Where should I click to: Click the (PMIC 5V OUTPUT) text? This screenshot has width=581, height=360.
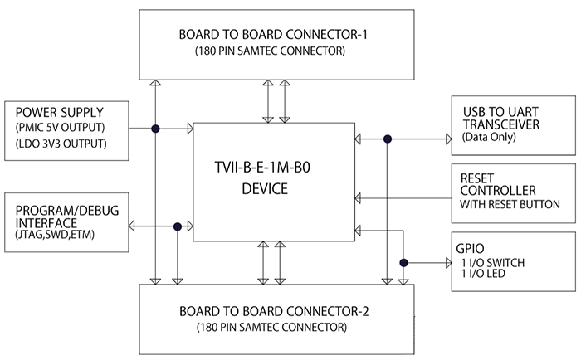coord(61,128)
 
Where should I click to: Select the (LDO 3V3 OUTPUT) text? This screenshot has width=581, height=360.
coord(61,144)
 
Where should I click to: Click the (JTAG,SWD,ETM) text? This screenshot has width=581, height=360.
coord(56,238)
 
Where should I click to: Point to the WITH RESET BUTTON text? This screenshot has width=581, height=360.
coord(510,204)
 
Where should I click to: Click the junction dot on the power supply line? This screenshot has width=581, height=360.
coord(155,128)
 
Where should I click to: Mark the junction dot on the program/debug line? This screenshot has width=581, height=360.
coord(176,226)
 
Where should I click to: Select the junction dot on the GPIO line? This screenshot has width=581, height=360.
coord(403,263)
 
